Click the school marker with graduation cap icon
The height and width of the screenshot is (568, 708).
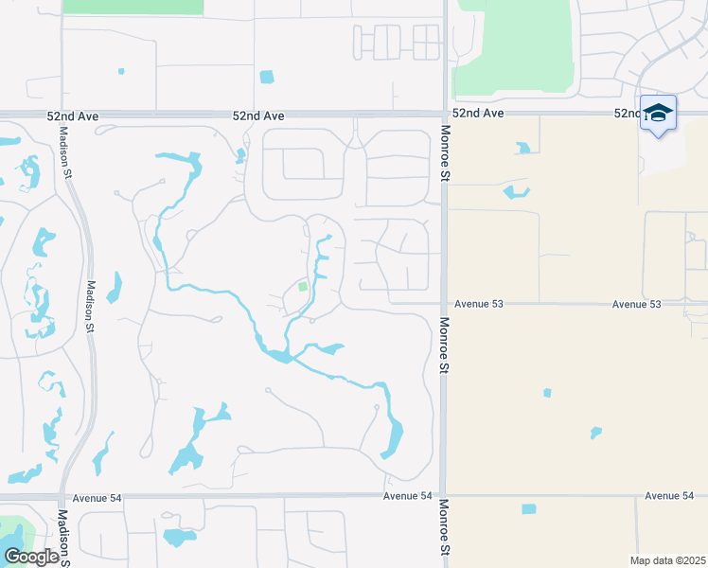click(658, 114)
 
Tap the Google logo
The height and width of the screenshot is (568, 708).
click(31, 557)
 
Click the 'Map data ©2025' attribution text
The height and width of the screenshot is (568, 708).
click(667, 560)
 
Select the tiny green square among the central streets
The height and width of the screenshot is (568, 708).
click(303, 286)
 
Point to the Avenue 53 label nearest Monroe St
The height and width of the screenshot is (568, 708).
click(478, 304)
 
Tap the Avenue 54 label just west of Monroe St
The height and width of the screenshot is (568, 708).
click(407, 496)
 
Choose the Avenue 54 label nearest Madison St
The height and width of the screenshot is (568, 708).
click(100, 496)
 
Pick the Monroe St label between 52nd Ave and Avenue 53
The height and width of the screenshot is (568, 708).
click(443, 156)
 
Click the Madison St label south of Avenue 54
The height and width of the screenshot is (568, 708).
click(62, 538)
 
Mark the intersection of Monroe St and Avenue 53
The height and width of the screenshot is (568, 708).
click(443, 304)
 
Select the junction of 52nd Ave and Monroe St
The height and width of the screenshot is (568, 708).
click(444, 114)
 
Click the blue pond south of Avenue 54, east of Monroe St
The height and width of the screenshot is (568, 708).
click(528, 509)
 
